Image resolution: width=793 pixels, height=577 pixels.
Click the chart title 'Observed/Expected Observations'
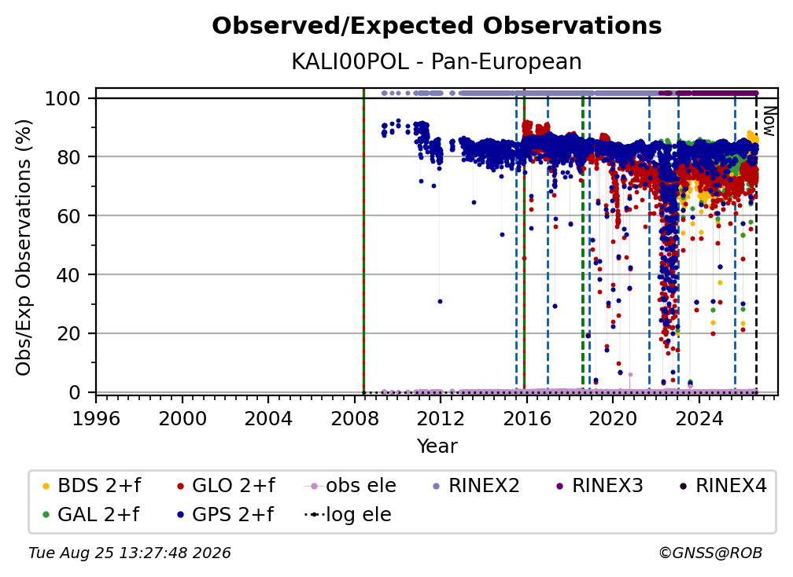point(437,26)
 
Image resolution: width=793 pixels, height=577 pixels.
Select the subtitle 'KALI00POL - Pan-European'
point(437,61)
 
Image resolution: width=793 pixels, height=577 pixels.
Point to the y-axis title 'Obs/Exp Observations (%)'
point(24,248)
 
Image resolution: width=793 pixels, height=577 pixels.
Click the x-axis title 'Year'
point(437,446)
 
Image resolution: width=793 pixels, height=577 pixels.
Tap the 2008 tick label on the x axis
point(355,419)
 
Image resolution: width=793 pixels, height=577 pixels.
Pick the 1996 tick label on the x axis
point(96,419)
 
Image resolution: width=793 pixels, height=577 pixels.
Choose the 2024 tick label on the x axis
point(699,419)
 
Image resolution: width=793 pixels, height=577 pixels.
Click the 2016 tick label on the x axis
point(526,419)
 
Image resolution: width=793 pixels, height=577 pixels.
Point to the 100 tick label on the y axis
point(63,98)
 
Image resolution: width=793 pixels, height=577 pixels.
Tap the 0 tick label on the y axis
point(75,392)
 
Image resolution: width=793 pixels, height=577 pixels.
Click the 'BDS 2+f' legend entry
point(91,486)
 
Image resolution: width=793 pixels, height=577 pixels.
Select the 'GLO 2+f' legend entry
point(226,486)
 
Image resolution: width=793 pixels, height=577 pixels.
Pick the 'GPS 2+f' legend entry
point(224,514)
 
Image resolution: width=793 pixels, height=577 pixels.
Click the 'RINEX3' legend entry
point(599,486)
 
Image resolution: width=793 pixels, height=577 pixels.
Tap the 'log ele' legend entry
point(348,514)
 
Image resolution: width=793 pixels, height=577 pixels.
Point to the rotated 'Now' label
point(769,121)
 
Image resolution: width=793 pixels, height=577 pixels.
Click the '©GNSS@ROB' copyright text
point(710,553)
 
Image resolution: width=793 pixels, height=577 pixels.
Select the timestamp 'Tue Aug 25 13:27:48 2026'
point(130,553)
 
